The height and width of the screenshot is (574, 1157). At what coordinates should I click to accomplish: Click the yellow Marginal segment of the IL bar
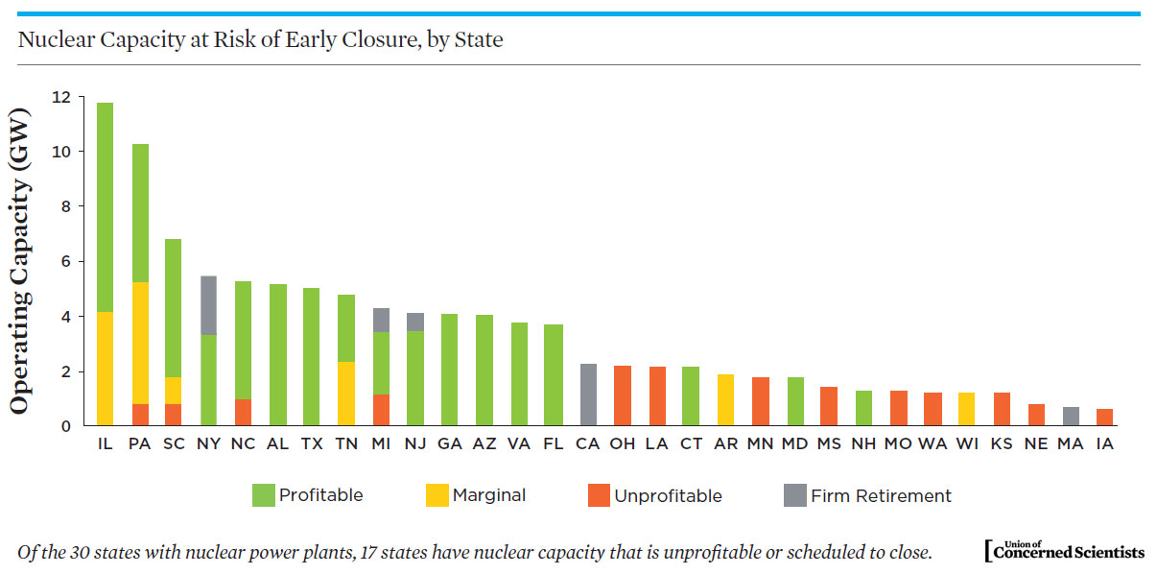click(105, 369)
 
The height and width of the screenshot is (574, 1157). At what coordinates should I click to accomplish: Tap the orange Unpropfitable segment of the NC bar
click(243, 412)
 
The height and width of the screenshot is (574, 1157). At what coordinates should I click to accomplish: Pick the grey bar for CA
click(588, 395)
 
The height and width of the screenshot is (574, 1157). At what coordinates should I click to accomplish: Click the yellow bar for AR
click(725, 399)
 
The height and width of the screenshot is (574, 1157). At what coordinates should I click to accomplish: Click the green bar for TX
click(312, 356)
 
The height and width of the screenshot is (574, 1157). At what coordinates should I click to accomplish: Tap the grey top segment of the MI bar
click(381, 320)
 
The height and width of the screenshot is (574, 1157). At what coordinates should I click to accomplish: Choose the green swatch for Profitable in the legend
click(263, 495)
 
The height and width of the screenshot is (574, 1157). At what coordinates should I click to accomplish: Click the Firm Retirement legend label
click(881, 496)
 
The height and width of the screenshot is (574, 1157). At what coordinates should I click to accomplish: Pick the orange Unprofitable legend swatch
click(600, 495)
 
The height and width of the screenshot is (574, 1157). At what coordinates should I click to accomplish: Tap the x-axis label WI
click(966, 444)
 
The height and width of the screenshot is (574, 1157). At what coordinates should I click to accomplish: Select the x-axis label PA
click(139, 444)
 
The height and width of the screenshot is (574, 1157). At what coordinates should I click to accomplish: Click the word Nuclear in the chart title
click(49, 40)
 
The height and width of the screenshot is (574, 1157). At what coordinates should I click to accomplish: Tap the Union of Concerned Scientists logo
click(1064, 550)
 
